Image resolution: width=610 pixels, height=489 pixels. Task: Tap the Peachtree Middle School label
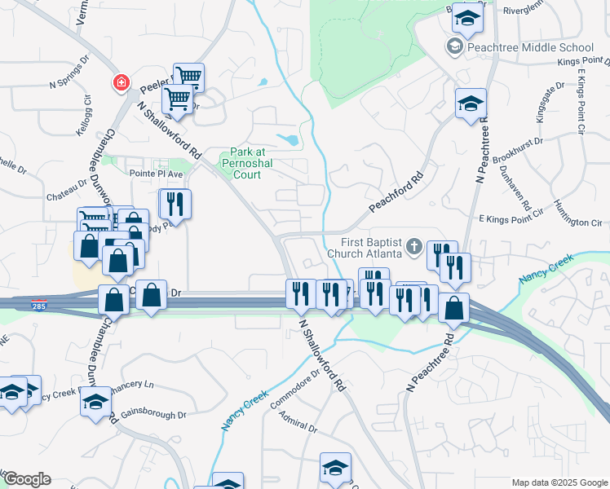[x=531, y=47]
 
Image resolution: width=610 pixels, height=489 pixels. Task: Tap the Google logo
[x=26, y=479]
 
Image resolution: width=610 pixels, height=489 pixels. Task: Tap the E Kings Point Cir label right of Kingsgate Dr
[x=581, y=101]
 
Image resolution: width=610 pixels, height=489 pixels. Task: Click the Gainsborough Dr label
[x=153, y=414]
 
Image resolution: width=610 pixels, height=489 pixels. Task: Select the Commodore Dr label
[x=299, y=387]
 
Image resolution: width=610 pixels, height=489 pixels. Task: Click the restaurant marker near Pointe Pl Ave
[x=175, y=204]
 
